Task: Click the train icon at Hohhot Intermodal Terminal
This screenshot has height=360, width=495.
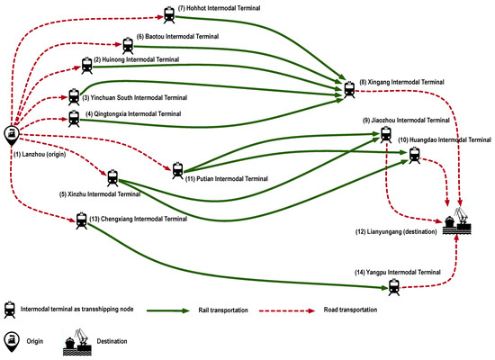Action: click(168, 15)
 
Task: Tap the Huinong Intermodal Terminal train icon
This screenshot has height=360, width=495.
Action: click(85, 65)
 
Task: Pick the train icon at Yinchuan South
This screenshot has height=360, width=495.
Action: click(75, 95)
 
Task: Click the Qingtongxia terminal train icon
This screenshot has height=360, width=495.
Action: click(74, 117)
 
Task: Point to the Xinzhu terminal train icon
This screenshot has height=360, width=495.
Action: click(112, 178)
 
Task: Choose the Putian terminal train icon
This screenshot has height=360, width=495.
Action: click(176, 168)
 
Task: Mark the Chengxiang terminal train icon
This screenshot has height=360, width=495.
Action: click(82, 220)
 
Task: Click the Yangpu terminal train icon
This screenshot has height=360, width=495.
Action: click(393, 287)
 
